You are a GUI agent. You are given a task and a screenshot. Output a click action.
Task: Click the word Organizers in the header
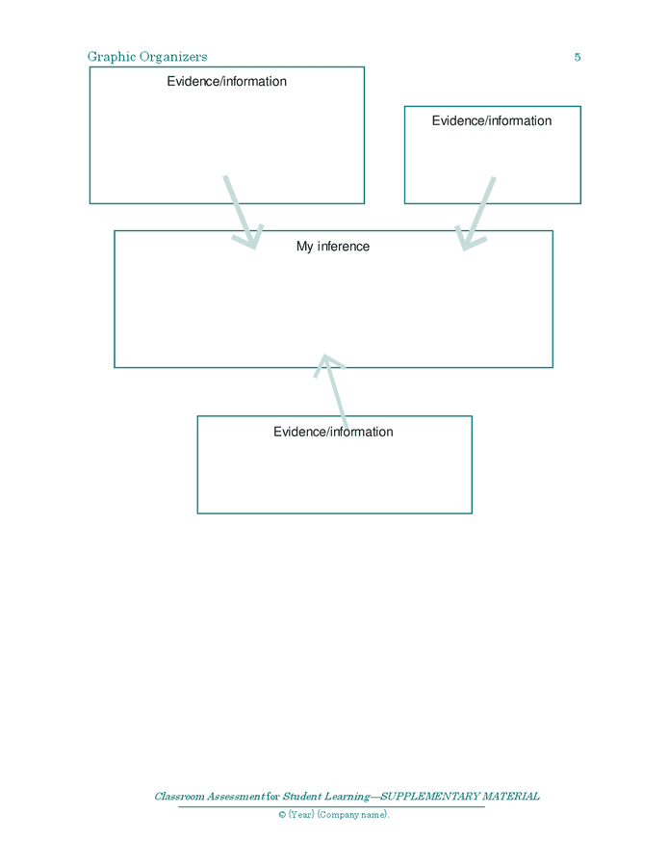click(x=170, y=57)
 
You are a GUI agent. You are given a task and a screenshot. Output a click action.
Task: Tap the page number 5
click(x=578, y=57)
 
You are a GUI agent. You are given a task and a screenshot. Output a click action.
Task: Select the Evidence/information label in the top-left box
click(x=226, y=82)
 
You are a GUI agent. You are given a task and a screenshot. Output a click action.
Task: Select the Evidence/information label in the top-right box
click(x=491, y=121)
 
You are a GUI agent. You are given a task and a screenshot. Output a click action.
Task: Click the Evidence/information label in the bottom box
click(x=333, y=432)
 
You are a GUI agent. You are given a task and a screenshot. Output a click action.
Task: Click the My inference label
click(x=332, y=247)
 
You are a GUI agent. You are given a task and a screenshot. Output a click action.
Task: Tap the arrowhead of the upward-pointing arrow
click(x=328, y=362)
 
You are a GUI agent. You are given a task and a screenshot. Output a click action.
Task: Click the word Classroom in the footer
click(x=184, y=797)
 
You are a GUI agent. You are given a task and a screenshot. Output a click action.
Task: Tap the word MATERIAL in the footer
click(x=509, y=797)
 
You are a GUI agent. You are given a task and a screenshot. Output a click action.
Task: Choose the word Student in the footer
click(x=301, y=797)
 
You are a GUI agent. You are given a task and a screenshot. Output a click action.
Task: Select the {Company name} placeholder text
click(x=352, y=815)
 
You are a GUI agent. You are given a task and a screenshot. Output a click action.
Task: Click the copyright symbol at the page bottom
click(x=282, y=815)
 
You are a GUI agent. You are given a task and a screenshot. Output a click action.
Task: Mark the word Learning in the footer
click(x=347, y=797)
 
